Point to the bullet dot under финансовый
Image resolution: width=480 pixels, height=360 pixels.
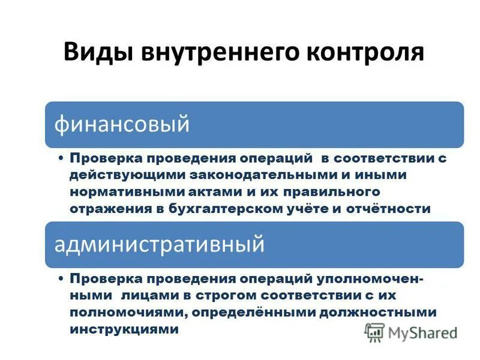tap(62, 158)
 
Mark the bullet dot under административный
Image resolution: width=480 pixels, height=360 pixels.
tap(62, 279)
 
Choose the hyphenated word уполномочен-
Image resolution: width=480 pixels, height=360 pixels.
tap(377, 279)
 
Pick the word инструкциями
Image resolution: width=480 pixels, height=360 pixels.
tap(124, 329)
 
